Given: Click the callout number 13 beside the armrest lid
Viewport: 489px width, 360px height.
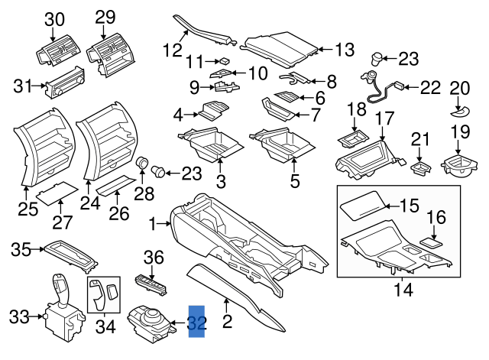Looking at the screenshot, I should tap(345, 50).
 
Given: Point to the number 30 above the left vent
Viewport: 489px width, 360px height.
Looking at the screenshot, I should tap(54, 18).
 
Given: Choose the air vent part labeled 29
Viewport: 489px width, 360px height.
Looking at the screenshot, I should tap(110, 53).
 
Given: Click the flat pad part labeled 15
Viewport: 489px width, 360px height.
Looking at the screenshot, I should tap(364, 206).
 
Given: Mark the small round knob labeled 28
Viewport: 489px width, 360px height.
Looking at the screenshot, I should tap(141, 163).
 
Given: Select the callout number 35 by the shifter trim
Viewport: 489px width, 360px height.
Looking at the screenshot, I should tap(21, 248).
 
